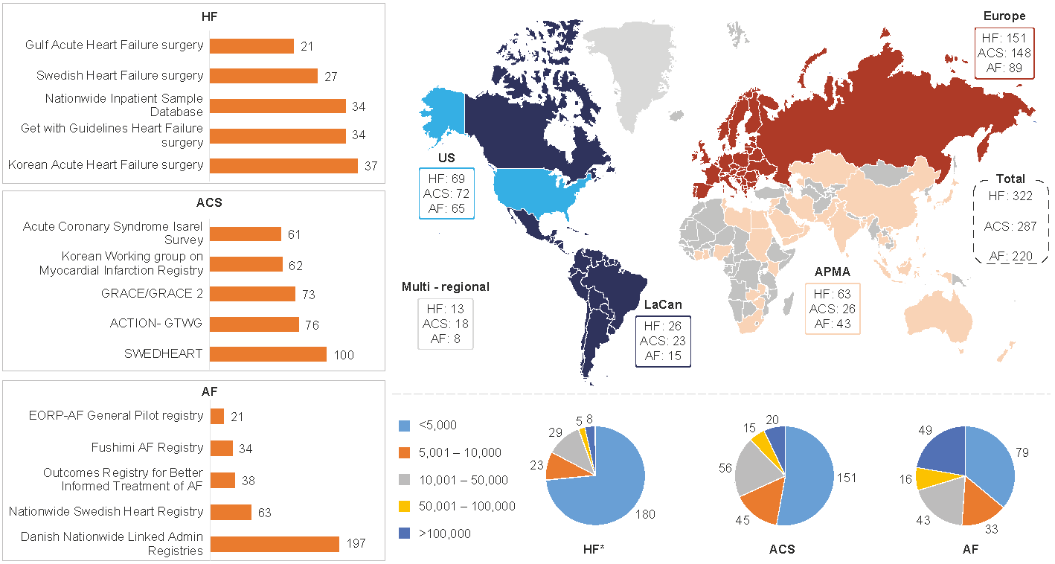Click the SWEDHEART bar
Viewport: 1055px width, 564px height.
[268, 354]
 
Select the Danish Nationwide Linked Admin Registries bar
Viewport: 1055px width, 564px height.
[275, 544]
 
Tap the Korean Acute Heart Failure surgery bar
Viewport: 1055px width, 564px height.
[283, 165]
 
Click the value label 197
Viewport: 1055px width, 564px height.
[355, 545]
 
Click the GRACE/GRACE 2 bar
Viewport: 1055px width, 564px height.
[252, 294]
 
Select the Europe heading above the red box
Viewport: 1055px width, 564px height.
[1004, 16]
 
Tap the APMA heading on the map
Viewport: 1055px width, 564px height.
[832, 272]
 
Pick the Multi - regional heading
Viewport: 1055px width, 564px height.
[446, 287]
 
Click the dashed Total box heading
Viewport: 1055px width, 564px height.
[1010, 179]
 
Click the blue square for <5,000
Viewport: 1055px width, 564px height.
[404, 426]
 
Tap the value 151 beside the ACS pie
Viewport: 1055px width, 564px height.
[846, 478]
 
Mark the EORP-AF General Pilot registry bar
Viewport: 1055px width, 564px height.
[217, 416]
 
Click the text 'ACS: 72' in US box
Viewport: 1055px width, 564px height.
[446, 193]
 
